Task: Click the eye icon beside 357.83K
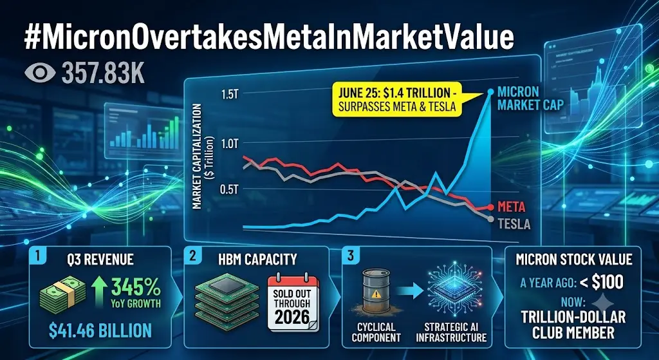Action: (40, 72)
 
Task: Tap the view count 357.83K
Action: (103, 73)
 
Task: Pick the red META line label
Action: (512, 207)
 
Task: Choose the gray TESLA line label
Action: (514, 224)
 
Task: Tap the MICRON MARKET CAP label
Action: (530, 98)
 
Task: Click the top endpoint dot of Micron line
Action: (490, 91)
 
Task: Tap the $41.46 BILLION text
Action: (100, 330)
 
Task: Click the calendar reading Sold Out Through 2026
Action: (293, 303)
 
